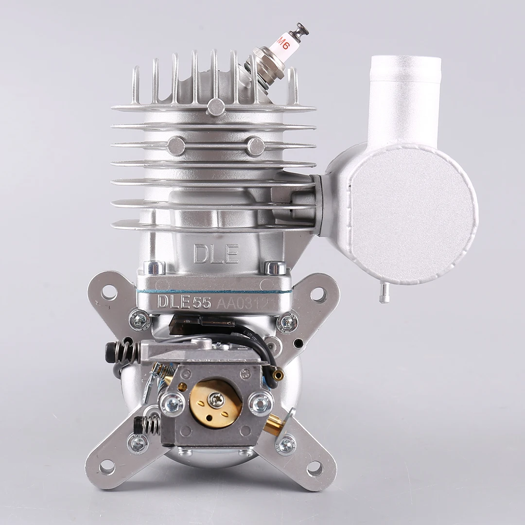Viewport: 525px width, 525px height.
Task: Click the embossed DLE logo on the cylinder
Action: [216, 254]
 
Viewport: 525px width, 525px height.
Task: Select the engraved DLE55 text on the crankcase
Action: [183, 302]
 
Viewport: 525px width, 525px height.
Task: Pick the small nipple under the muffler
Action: [384, 294]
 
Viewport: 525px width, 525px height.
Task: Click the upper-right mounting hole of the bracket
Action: [318, 293]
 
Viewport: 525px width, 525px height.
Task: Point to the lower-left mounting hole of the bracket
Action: [107, 467]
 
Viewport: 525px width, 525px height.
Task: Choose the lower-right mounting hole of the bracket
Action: [315, 468]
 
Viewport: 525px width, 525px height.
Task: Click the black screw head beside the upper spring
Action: [113, 349]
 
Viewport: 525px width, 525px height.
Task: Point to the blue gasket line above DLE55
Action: [214, 292]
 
